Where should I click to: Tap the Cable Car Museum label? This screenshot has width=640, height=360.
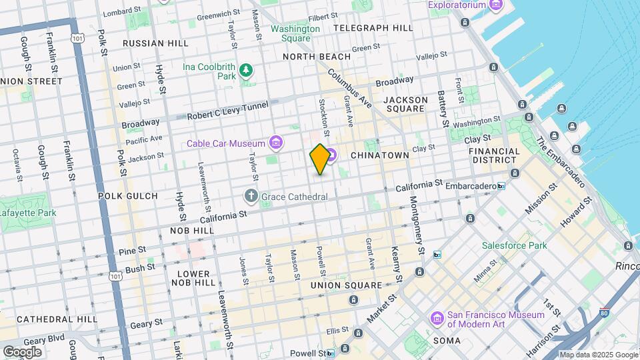click(227, 143)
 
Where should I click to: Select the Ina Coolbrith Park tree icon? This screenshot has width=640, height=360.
click(247, 70)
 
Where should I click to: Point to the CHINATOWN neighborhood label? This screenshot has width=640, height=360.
click(398, 155)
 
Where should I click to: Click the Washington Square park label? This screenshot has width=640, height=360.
click(295, 33)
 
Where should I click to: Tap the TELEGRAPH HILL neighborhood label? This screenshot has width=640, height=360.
click(373, 28)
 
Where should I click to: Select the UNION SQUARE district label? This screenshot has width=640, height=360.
click(346, 285)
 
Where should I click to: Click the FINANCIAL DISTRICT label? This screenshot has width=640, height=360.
click(494, 156)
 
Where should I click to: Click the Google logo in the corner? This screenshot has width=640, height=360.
click(22, 352)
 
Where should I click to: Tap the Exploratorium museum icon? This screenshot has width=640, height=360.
click(496, 5)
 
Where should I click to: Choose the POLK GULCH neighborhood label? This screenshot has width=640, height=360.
click(127, 196)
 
